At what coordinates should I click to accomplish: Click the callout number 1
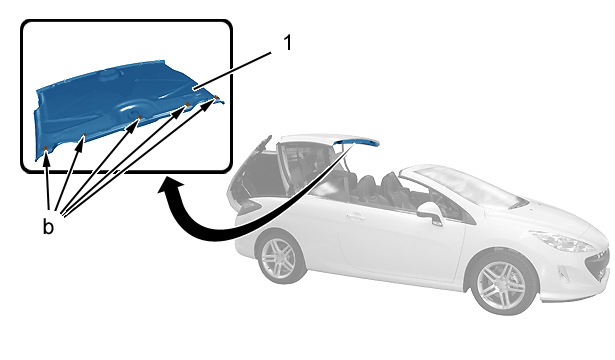pyautogui.click(x=288, y=42)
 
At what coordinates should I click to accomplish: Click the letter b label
pyautogui.click(x=48, y=227)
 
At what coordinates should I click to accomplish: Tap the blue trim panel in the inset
pyautogui.click(x=126, y=106)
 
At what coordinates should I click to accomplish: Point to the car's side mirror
pyautogui.click(x=431, y=213)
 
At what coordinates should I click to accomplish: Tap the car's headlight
pyautogui.click(x=562, y=241)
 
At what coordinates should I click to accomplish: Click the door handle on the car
pyautogui.click(x=355, y=216)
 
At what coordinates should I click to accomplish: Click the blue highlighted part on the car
pyautogui.click(x=356, y=142)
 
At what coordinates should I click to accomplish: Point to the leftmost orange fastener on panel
pyautogui.click(x=45, y=148)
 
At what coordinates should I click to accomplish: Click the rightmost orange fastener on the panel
pyautogui.click(x=215, y=96)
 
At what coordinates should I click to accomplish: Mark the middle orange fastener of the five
pyautogui.click(x=139, y=117)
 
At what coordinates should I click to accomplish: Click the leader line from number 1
pyautogui.click(x=232, y=71)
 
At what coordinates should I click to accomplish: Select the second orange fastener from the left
pyautogui.click(x=84, y=135)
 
